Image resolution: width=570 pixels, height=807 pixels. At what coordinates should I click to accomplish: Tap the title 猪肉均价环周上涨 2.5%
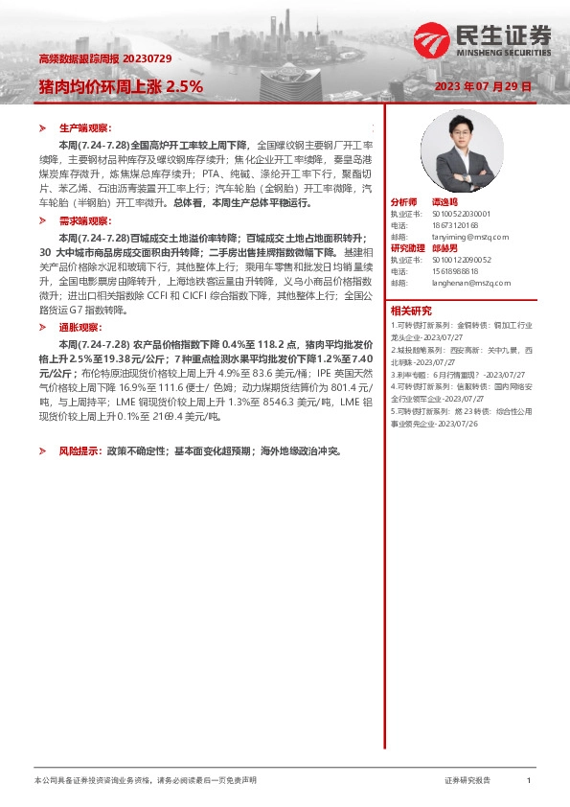tap(121, 85)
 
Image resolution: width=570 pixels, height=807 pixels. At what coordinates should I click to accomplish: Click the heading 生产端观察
tap(85, 127)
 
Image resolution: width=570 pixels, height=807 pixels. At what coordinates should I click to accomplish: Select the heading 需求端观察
tap(85, 220)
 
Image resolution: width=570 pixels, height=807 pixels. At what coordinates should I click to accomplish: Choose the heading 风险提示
tap(78, 450)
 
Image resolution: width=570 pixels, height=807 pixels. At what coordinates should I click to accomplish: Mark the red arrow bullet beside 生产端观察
tap(42, 127)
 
